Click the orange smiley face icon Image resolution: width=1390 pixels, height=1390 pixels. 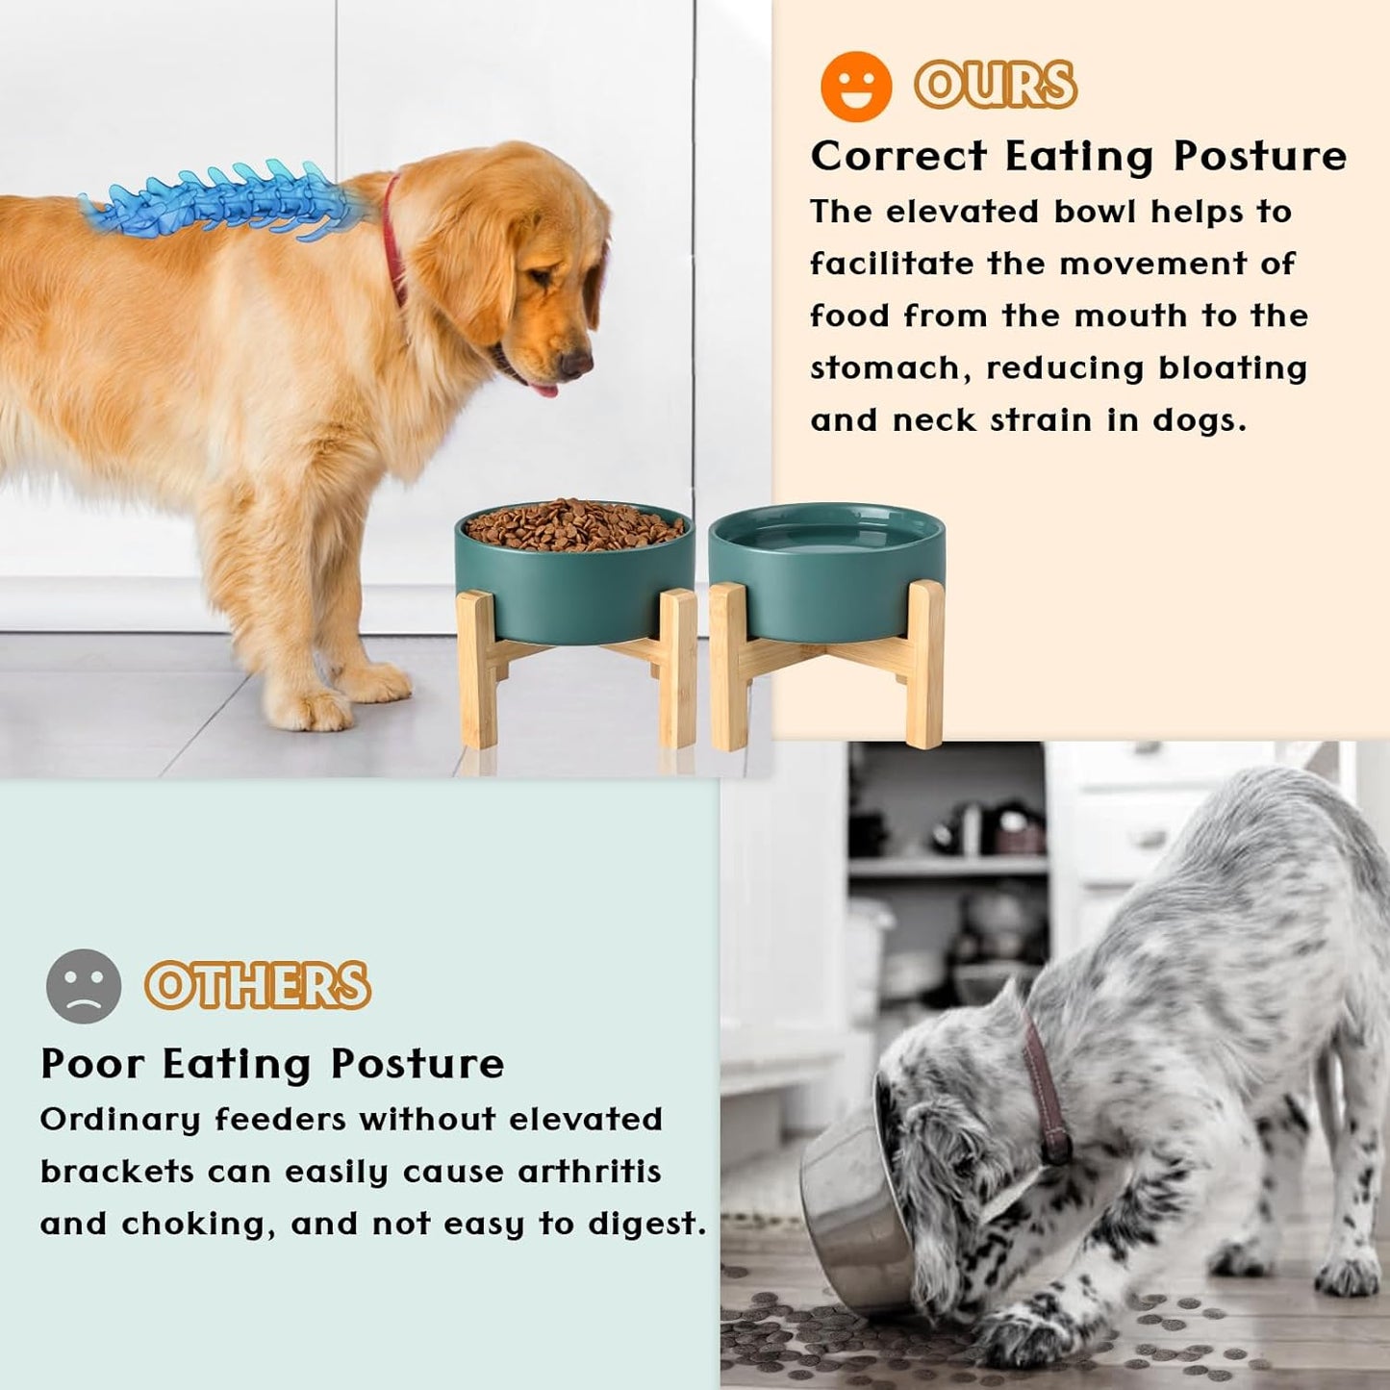(x=855, y=87)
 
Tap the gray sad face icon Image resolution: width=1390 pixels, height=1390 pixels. (x=84, y=985)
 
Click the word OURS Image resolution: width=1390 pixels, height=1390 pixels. (x=995, y=85)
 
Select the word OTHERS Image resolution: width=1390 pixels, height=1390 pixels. (x=257, y=985)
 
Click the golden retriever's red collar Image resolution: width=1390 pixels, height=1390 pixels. (x=392, y=240)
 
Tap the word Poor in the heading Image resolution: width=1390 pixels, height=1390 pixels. (x=92, y=1064)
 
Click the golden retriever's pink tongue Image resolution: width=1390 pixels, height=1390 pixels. (x=544, y=390)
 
